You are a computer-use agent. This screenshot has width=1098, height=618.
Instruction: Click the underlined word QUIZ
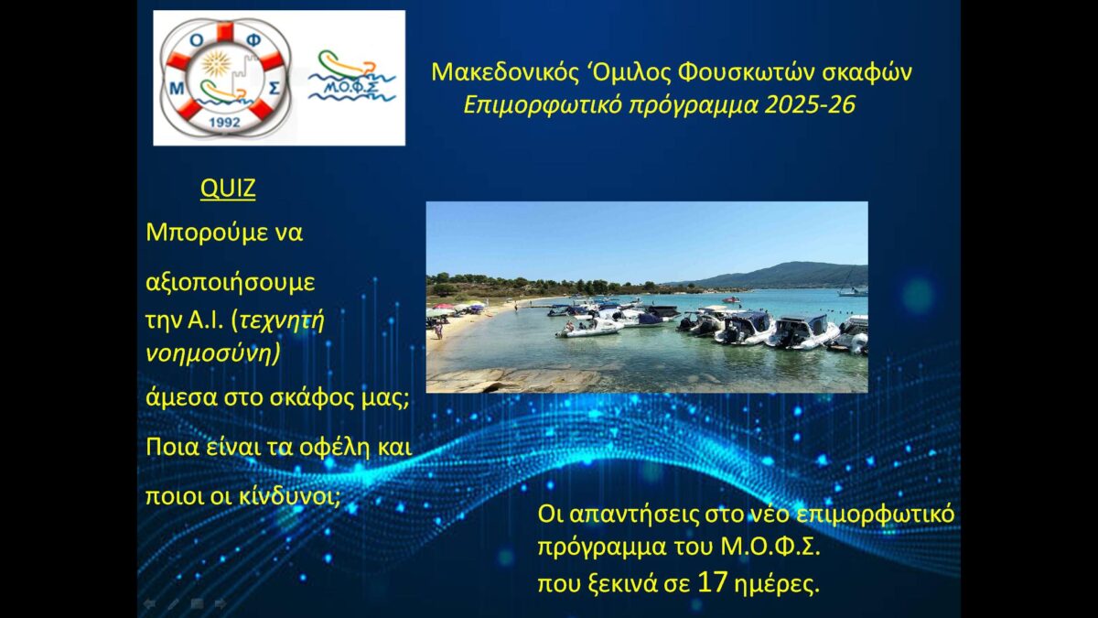(x=228, y=189)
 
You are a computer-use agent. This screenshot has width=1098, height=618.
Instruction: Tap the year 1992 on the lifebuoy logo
(x=225, y=122)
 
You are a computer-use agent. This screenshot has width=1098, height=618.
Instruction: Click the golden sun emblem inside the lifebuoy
(x=217, y=64)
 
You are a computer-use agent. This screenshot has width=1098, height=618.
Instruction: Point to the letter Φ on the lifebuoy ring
(x=253, y=42)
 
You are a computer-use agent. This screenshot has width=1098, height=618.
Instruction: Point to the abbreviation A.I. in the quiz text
(x=206, y=320)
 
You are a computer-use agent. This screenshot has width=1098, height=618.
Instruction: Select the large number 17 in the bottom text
(x=712, y=582)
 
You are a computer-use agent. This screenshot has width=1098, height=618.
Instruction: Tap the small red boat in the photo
(x=731, y=299)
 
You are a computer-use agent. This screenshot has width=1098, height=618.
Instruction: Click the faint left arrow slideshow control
(x=149, y=604)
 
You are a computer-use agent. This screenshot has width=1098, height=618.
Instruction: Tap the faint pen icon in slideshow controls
(x=173, y=604)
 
